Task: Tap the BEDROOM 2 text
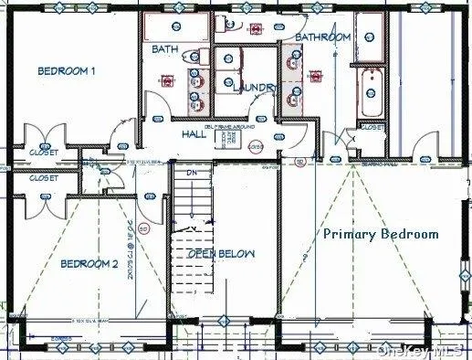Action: (x=89, y=264)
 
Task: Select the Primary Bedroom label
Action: (x=381, y=234)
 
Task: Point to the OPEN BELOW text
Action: (x=221, y=253)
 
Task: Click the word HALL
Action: (x=194, y=133)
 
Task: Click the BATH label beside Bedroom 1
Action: (x=164, y=49)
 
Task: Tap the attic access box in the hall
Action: (x=233, y=139)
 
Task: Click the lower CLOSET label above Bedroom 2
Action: (x=43, y=179)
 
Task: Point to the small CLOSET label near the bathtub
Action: (x=372, y=129)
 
